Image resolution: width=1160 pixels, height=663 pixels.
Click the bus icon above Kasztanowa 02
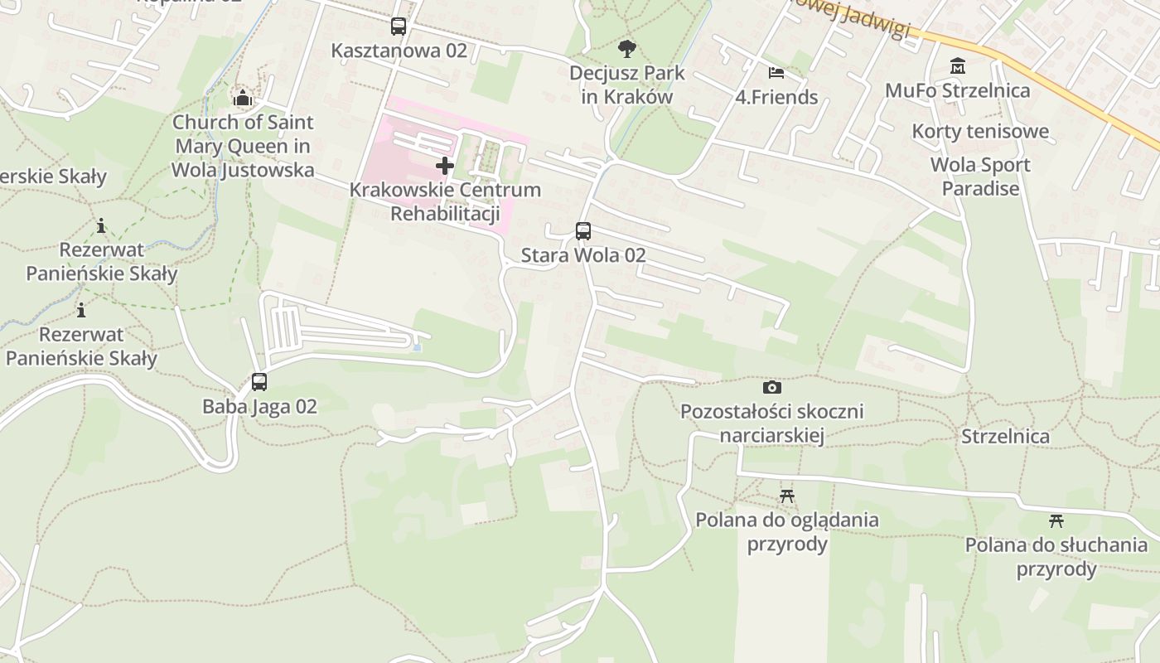click(x=399, y=27)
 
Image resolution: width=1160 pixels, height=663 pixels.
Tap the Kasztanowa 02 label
click(x=399, y=51)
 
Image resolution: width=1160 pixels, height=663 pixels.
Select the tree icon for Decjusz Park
click(x=627, y=49)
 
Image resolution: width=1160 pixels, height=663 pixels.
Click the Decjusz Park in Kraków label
click(x=627, y=85)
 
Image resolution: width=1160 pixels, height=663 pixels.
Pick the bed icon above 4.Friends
click(x=776, y=73)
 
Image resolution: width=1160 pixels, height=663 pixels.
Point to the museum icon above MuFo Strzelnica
click(x=958, y=65)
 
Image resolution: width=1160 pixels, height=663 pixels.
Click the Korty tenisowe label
click(x=980, y=131)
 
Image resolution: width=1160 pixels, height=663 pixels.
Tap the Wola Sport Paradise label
click(x=980, y=177)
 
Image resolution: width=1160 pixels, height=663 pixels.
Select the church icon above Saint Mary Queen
click(x=242, y=99)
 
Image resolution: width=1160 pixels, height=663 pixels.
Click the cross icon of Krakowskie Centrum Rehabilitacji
click(x=445, y=166)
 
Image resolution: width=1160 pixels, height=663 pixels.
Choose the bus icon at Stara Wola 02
click(x=583, y=231)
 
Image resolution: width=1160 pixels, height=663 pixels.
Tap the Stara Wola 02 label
click(x=583, y=255)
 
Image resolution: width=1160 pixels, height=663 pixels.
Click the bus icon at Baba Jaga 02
click(x=259, y=382)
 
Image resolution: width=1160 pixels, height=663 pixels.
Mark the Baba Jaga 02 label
click(x=259, y=406)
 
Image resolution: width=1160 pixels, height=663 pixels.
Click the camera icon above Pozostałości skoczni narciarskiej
click(x=771, y=387)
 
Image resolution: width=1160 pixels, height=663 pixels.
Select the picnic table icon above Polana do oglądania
click(x=787, y=496)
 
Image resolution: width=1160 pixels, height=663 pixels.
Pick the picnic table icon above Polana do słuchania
click(x=1056, y=521)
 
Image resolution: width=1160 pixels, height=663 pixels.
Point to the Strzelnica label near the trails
click(x=1005, y=436)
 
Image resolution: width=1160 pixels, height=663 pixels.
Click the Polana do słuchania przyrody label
click(x=1056, y=557)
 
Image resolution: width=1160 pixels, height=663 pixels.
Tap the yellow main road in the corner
click(x=1077, y=91)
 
